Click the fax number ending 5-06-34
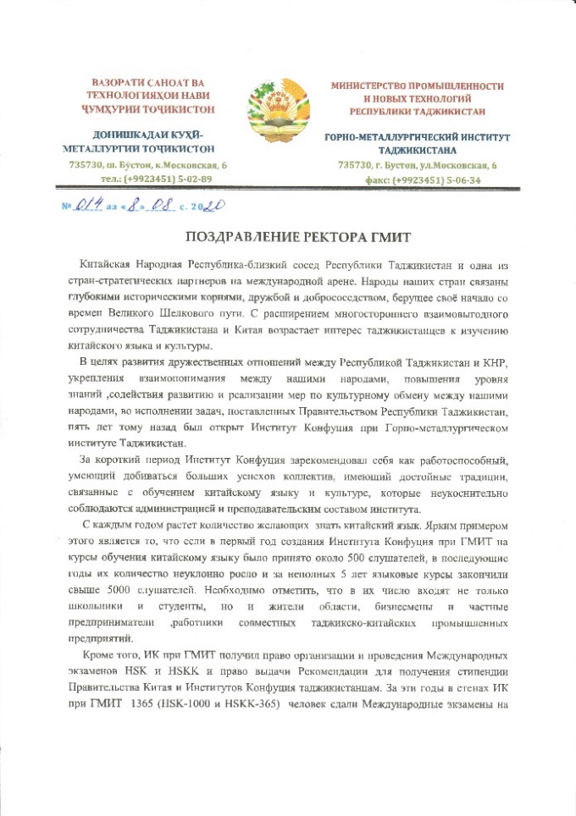click(x=425, y=179)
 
